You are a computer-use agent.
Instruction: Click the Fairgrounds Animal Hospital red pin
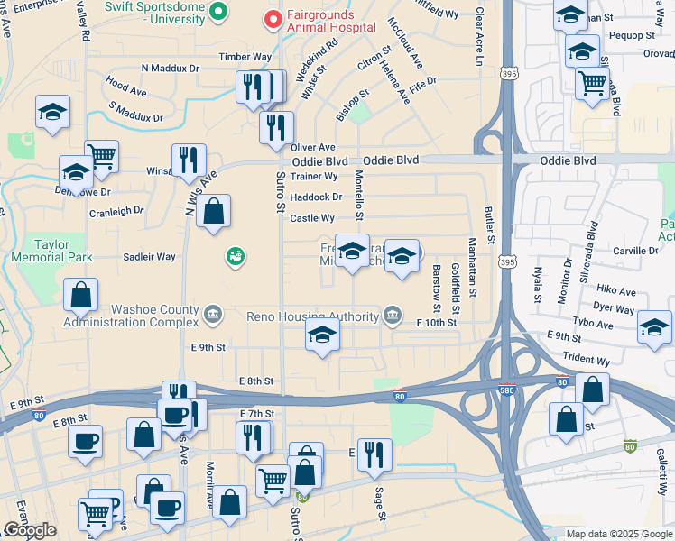click(x=271, y=18)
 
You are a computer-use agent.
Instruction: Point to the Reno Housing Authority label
click(x=312, y=316)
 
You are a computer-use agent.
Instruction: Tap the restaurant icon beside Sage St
click(x=374, y=455)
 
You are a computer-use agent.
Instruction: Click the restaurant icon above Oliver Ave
click(x=276, y=127)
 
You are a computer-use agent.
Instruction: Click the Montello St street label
click(x=358, y=195)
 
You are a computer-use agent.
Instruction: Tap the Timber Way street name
click(x=245, y=56)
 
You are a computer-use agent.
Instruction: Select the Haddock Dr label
click(x=316, y=197)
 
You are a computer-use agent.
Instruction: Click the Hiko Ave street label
click(x=616, y=291)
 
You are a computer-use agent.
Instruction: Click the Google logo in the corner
click(x=30, y=530)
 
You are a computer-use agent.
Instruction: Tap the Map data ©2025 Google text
click(x=618, y=534)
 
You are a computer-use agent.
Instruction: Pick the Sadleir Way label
click(x=149, y=257)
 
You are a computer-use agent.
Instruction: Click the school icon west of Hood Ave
click(x=52, y=114)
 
